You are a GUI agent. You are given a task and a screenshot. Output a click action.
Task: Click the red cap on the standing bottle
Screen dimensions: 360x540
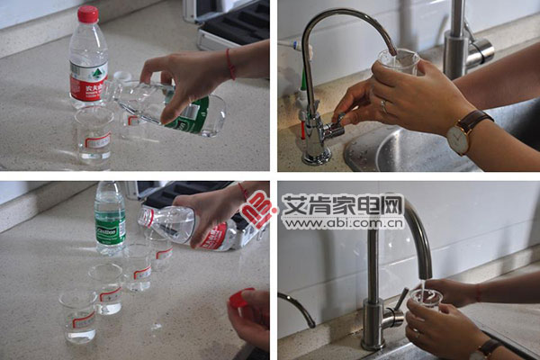click(x=87, y=14)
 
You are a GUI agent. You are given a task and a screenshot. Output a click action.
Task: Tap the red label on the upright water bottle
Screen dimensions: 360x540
click(x=88, y=86)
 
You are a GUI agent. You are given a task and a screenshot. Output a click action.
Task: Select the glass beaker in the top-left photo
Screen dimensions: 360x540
click(x=94, y=135)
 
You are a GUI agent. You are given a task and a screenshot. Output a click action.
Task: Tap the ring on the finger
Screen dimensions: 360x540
click(x=384, y=107)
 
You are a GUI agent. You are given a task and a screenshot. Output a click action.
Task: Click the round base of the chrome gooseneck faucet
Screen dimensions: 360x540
click(x=317, y=158)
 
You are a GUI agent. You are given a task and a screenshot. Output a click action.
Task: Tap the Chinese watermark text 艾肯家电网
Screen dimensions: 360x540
click(x=343, y=206)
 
